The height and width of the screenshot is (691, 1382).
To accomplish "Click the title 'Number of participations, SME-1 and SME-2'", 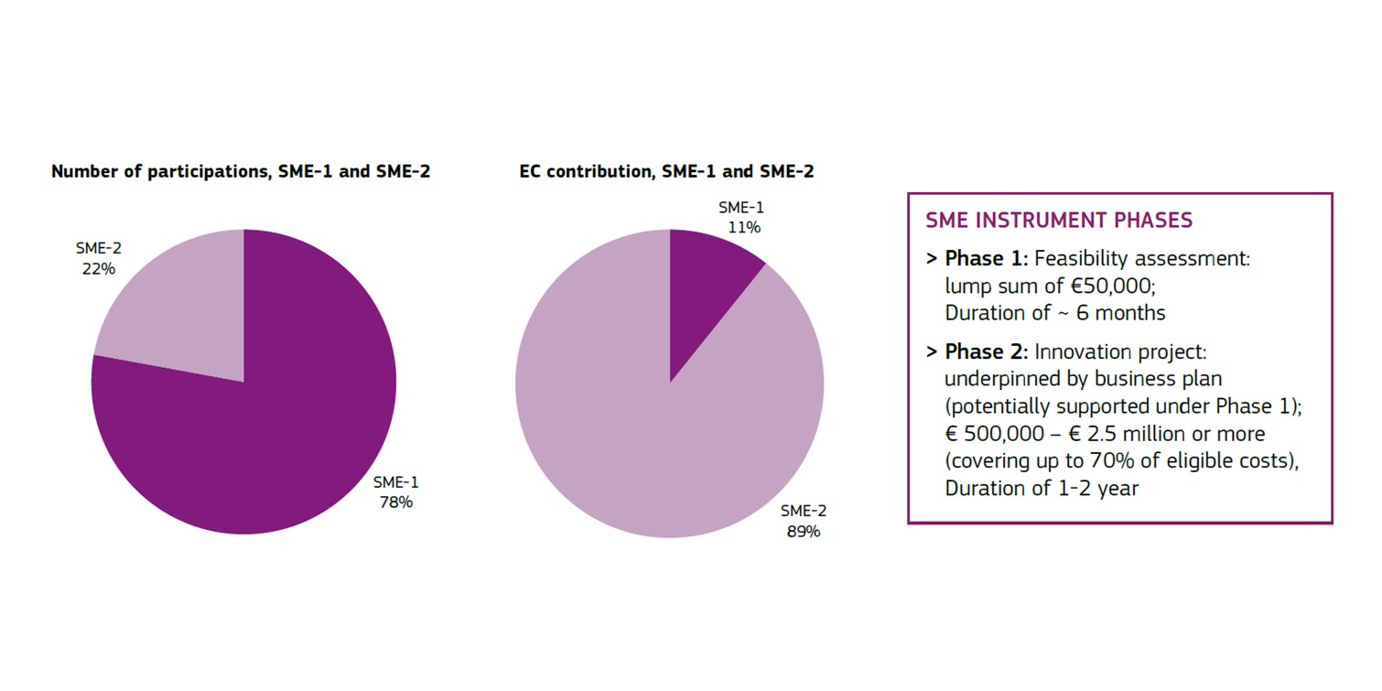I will tap(241, 171).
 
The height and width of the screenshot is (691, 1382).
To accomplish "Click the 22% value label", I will tap(97, 268).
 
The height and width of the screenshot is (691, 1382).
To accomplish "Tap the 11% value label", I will tap(742, 227).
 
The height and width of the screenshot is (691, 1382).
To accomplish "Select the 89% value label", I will tap(804, 531).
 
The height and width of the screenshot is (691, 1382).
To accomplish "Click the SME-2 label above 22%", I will tap(98, 249).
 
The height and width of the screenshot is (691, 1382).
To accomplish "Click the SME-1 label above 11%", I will tap(741, 208).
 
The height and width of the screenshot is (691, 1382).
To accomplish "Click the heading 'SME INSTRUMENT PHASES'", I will tap(1059, 221).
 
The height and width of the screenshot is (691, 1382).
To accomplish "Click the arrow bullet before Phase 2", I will tap(931, 352).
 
